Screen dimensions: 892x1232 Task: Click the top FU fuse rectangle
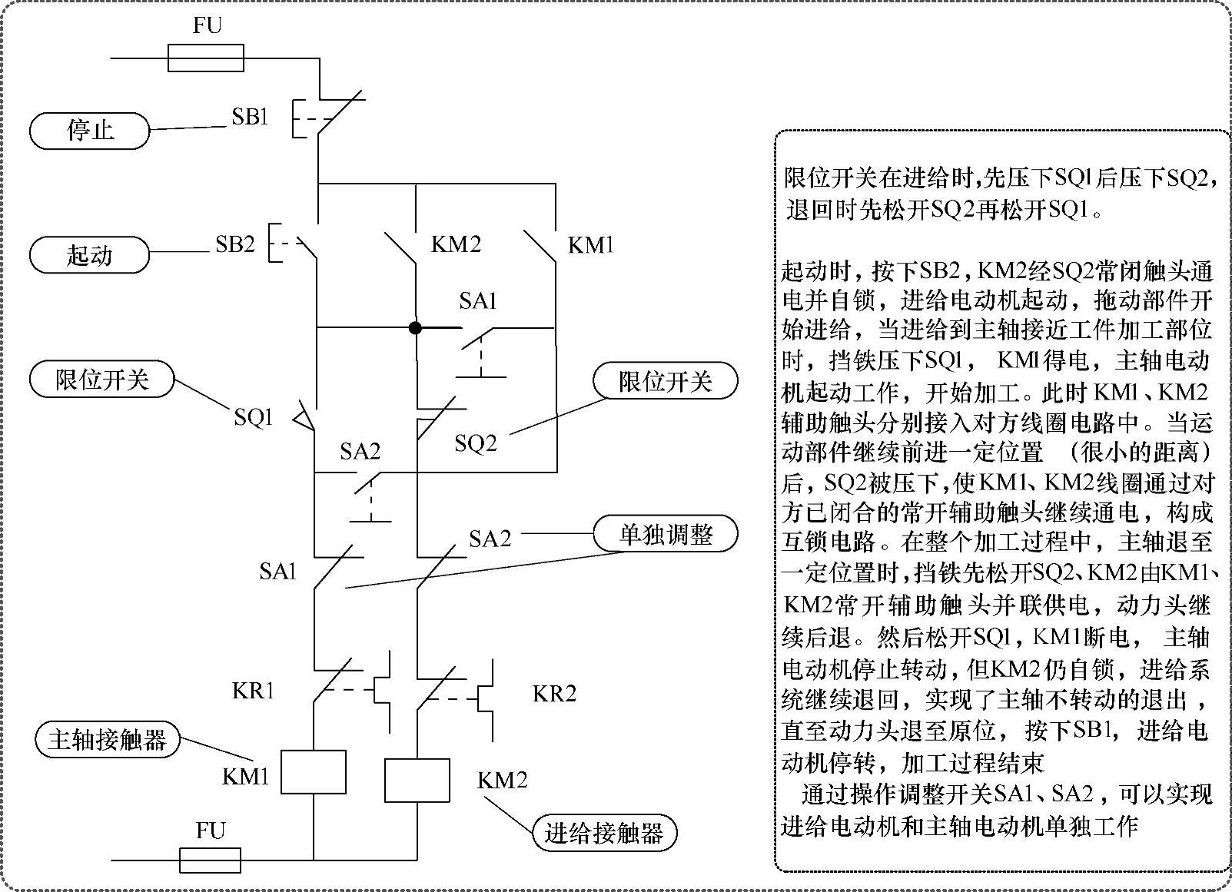(x=205, y=58)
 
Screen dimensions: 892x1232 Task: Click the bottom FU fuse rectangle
(x=210, y=860)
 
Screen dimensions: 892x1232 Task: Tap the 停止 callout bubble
(x=89, y=130)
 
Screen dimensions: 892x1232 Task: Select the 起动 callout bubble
(x=89, y=255)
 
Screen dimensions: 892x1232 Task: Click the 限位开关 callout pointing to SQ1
(x=101, y=380)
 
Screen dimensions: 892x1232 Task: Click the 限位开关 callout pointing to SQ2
(x=665, y=381)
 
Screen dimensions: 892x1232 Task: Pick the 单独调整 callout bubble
(x=665, y=534)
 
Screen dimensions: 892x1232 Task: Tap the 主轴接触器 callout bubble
(x=107, y=740)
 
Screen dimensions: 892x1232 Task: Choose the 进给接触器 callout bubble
(x=604, y=833)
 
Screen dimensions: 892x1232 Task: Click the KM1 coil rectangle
(x=313, y=771)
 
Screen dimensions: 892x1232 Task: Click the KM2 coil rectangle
(x=417, y=781)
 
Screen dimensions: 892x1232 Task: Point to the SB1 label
(x=250, y=118)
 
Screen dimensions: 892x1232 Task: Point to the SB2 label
(x=234, y=244)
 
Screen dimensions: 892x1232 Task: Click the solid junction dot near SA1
(x=415, y=328)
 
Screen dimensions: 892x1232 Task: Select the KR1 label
(x=253, y=691)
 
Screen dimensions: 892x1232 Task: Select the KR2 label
(x=554, y=694)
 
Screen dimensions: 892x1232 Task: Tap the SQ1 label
(x=254, y=417)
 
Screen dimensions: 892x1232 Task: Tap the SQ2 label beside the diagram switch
(x=475, y=443)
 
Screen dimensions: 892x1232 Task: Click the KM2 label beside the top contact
(x=456, y=244)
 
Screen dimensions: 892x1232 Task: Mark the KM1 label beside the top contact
(x=590, y=246)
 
